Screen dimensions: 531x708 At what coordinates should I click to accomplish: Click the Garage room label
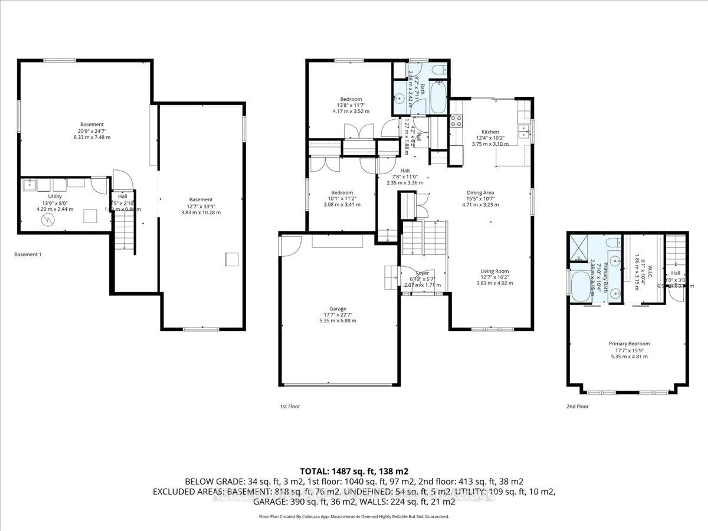point(338,308)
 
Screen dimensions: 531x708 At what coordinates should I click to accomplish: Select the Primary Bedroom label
point(629,343)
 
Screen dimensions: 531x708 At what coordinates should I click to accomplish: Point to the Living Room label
point(494,271)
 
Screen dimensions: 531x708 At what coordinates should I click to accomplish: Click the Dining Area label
point(480,192)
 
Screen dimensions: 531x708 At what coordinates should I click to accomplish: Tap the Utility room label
point(55,196)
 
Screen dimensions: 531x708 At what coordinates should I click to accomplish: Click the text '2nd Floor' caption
point(577,406)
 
